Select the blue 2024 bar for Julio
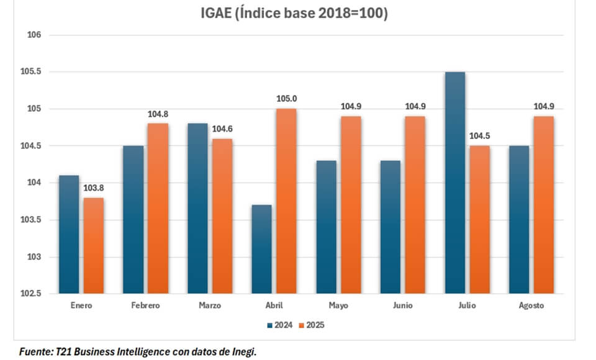click(x=455, y=183)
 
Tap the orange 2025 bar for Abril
click(x=286, y=201)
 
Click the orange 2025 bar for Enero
click(x=93, y=246)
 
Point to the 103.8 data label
click(x=93, y=188)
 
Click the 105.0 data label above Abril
click(x=286, y=99)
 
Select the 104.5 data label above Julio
click(x=479, y=136)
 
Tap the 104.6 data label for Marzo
click(x=222, y=128)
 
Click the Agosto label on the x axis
click(x=531, y=306)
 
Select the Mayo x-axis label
click(x=338, y=306)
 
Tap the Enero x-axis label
click(x=81, y=306)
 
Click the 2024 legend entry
click(x=281, y=324)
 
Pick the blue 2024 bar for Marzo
click(x=197, y=209)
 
